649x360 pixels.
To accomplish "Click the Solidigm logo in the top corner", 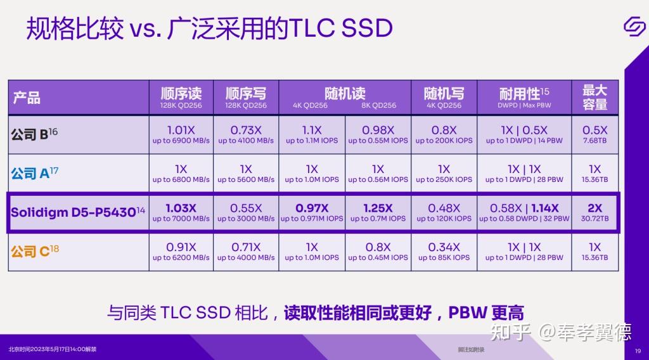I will [x=633, y=27].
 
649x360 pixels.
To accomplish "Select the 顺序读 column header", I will [x=181, y=97].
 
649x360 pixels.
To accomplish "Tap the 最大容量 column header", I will [x=594, y=97].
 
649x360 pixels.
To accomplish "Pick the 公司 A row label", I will [x=35, y=172].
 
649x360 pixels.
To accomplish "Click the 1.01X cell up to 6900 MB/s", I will [x=181, y=134].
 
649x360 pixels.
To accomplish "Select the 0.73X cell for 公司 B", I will [x=246, y=134].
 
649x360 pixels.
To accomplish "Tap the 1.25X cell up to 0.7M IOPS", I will [x=378, y=212].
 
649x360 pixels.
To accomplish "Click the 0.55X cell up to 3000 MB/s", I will [x=246, y=212].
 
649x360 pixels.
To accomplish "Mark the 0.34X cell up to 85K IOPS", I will [x=444, y=252].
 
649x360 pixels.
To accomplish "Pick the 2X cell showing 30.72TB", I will [x=594, y=212].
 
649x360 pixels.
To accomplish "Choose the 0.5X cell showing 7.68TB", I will [x=594, y=134].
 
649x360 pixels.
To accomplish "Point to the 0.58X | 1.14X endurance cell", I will [x=524, y=212].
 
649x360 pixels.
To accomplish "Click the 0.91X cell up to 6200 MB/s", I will [x=181, y=252].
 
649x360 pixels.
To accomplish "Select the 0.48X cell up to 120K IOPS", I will [x=444, y=212].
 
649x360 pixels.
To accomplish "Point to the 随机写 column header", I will [x=444, y=97].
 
